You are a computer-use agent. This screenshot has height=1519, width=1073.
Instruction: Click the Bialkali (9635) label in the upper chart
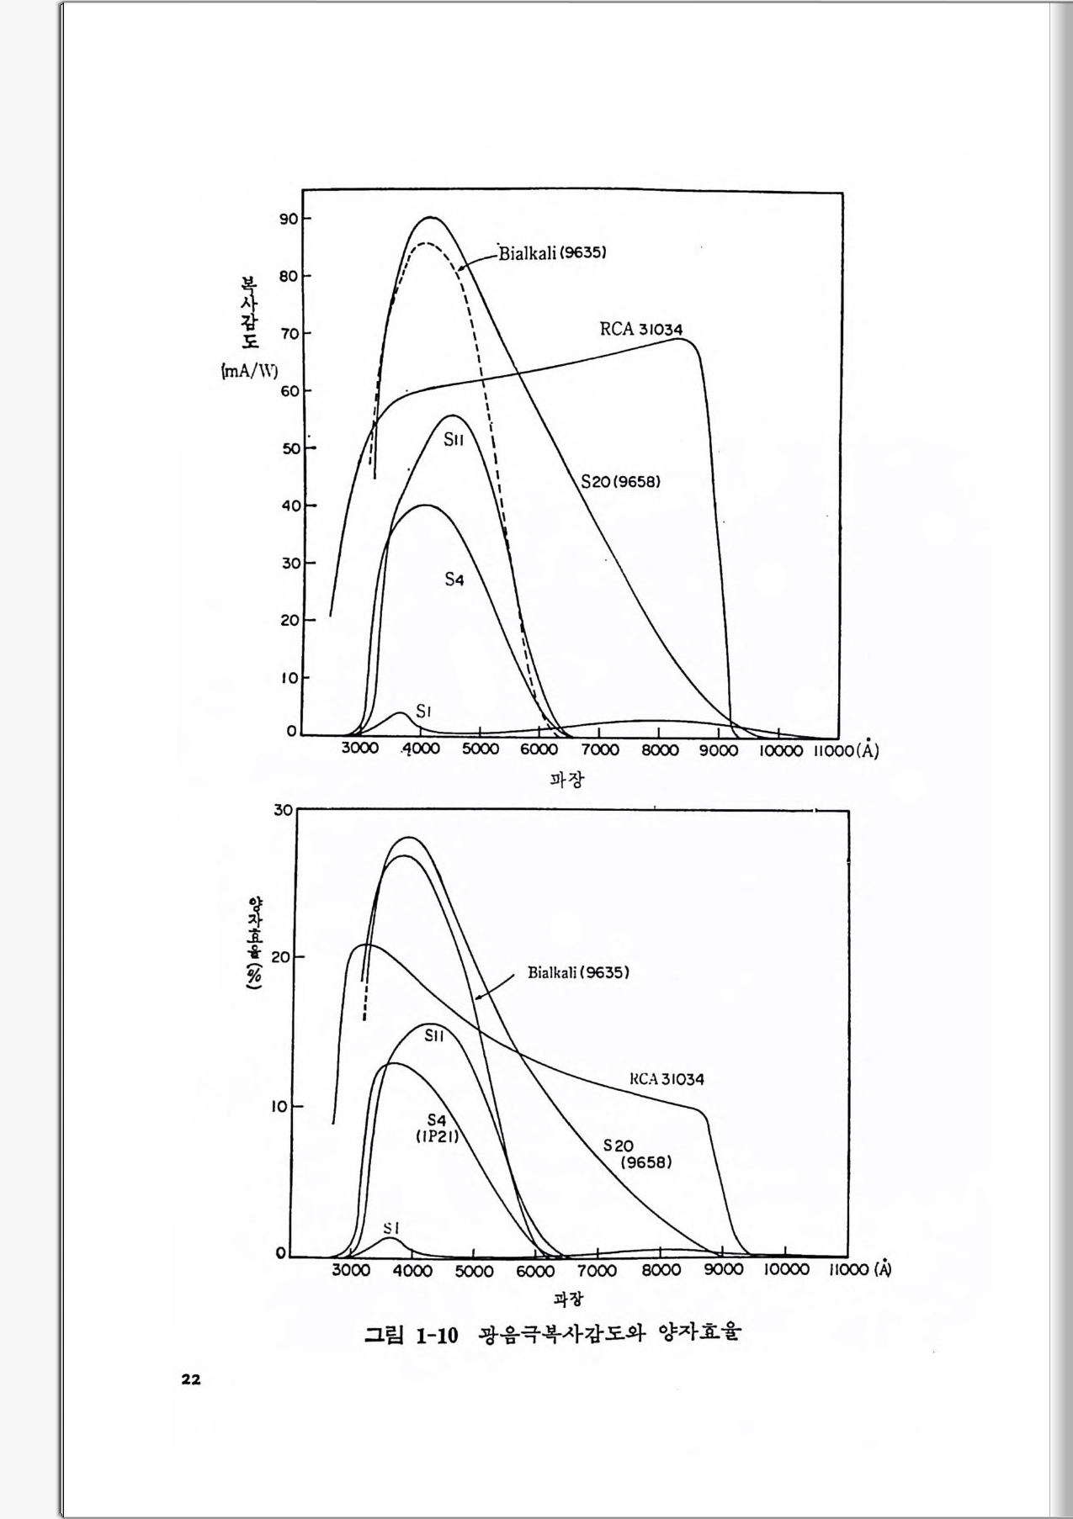click(553, 252)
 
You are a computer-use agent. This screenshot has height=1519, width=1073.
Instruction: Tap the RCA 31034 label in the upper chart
click(640, 329)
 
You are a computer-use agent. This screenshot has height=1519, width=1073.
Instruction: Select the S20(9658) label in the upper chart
click(620, 482)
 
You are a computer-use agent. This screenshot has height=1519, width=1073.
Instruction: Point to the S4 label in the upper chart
click(454, 580)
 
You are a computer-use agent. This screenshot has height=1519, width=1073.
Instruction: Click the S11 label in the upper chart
click(454, 440)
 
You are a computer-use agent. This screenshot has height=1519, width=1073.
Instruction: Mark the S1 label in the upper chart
click(424, 712)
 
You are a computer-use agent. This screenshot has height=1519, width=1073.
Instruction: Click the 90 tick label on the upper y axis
click(289, 219)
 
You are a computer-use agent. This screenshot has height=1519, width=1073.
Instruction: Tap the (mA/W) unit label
click(249, 371)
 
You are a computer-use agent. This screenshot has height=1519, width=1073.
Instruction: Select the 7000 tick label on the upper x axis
click(600, 750)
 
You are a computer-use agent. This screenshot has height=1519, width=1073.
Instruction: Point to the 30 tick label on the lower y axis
click(283, 810)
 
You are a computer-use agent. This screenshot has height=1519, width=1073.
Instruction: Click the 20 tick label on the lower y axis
click(280, 958)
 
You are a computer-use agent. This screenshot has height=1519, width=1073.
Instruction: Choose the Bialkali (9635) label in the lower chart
click(578, 972)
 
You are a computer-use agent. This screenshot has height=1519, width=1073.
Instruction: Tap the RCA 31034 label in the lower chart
click(667, 1079)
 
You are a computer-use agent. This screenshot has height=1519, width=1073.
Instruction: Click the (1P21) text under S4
click(437, 1135)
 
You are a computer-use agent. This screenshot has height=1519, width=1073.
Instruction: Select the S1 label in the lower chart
click(390, 1229)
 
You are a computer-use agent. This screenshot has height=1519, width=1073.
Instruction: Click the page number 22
click(191, 1379)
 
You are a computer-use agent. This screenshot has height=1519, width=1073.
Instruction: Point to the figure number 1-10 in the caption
click(437, 1335)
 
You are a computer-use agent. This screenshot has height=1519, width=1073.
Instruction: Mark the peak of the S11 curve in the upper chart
click(453, 415)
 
